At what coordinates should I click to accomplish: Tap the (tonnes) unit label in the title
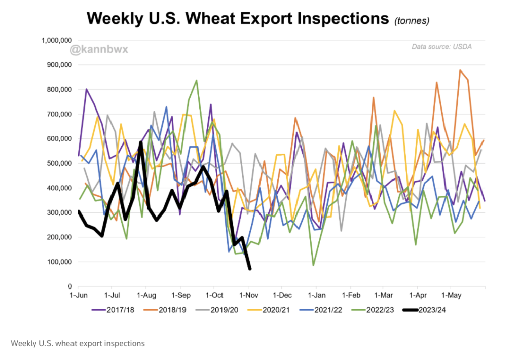[412, 21]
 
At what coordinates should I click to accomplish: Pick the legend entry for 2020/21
[274, 309]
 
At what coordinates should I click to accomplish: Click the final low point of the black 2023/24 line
[250, 269]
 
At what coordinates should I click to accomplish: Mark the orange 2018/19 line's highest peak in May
[460, 70]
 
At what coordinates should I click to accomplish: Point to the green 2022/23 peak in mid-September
[196, 80]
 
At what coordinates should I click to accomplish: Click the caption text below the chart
[77, 343]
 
